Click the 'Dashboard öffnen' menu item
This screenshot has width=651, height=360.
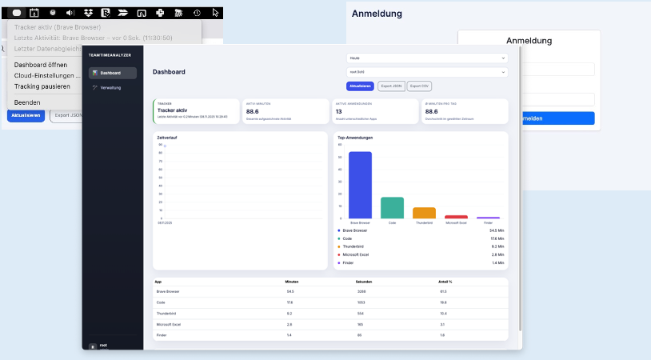pos(41,65)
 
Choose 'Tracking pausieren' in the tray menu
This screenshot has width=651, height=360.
pos(42,86)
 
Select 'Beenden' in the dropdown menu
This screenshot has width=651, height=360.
pos(27,102)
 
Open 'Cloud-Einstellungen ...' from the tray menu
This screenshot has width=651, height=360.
pos(46,75)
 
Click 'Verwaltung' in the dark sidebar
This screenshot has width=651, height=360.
pos(110,87)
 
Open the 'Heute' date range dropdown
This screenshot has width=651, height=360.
pos(427,58)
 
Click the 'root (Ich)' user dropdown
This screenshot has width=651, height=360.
pos(427,72)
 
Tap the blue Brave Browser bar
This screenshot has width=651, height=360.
pos(360,185)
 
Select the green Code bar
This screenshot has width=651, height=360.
pos(392,207)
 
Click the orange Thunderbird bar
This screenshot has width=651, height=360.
pos(424,213)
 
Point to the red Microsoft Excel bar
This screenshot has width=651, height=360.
pos(456,217)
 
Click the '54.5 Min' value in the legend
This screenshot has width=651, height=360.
pos(496,230)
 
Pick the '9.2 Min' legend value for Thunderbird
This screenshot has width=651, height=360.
pos(497,246)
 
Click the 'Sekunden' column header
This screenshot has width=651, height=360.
pos(364,282)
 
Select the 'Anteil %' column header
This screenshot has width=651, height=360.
pos(446,282)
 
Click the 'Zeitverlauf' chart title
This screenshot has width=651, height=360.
pos(168,138)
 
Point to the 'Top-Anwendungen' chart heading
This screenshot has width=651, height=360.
pos(355,138)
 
